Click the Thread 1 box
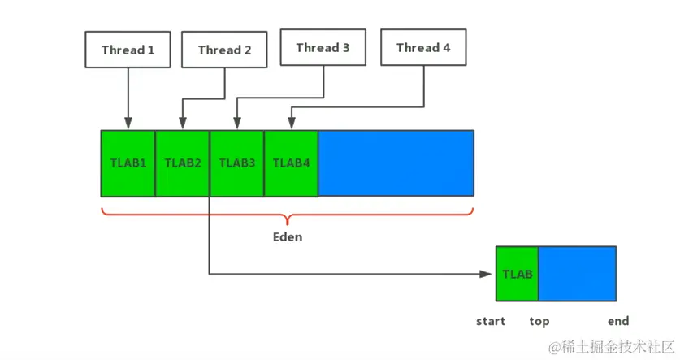tap(128, 50)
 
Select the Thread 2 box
tap(224, 50)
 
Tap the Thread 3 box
tap(323, 47)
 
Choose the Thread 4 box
tap(423, 47)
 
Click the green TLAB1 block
tap(128, 163)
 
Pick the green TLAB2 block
tap(182, 163)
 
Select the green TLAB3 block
tap(236, 163)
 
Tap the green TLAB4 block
tap(291, 163)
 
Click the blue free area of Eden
tap(396, 163)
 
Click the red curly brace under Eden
tap(287, 217)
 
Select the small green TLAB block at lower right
tap(517, 274)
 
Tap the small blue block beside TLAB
tap(577, 274)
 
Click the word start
tap(491, 321)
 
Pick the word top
tap(539, 321)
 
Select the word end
tap(617, 321)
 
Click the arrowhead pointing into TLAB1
tap(128, 124)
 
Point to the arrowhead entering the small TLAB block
tap(490, 274)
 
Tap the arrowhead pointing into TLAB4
tap(291, 124)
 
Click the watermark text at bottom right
tap(611, 347)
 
